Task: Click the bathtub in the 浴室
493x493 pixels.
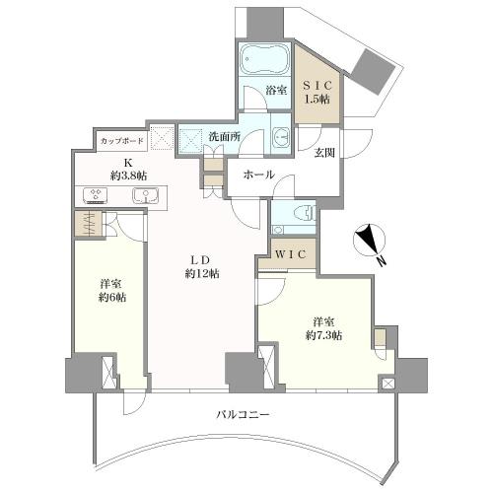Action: pos(264,59)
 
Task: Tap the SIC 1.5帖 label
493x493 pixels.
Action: pos(317,92)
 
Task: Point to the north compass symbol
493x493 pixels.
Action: pos(369,240)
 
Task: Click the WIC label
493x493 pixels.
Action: pos(292,253)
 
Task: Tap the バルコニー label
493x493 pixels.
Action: pos(243,414)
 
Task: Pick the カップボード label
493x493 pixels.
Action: pos(122,141)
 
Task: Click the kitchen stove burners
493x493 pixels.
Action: pos(96,195)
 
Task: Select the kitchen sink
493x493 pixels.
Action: pos(145,195)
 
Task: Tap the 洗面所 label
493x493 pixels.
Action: pos(225,137)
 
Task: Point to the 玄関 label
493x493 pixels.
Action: pos(324,153)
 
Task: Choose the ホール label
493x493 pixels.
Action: pos(258,175)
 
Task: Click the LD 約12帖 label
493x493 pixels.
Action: pos(201,266)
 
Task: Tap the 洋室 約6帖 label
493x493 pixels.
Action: pos(112,290)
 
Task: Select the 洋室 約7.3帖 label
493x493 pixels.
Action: pos(324,328)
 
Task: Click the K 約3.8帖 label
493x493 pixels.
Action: pos(128,170)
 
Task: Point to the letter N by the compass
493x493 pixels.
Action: pos(381,261)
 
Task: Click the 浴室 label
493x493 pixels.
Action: pos(276,91)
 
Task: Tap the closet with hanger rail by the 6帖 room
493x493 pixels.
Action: pos(89,224)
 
